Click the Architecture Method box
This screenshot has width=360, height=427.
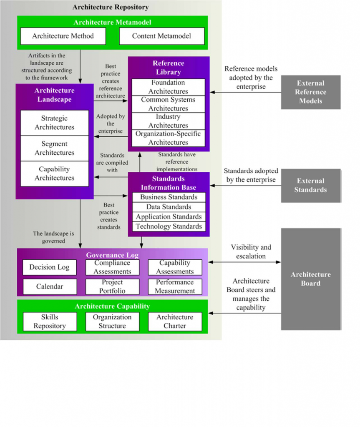point(63,36)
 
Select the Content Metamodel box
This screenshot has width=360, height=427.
point(162,36)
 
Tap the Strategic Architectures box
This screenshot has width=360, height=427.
point(55,123)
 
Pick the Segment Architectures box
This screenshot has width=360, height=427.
point(55,148)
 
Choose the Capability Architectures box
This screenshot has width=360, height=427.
point(55,173)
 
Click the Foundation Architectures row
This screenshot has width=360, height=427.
point(169,87)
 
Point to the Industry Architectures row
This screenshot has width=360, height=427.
point(169,121)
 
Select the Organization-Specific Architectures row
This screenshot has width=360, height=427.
point(169,138)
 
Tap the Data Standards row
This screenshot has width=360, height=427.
point(169,207)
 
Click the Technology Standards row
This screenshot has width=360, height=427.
point(169,226)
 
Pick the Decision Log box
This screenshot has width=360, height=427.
point(50,267)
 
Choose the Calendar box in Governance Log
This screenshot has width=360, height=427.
point(50,286)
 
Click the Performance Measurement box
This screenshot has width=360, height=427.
point(175,286)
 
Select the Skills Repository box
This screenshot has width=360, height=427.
point(50,322)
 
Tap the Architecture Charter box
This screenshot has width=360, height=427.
point(175,322)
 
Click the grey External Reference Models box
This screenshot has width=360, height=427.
point(310,92)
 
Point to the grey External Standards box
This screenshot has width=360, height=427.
point(310,186)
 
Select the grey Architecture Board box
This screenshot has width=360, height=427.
point(310,279)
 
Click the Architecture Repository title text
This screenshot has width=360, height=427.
point(111,8)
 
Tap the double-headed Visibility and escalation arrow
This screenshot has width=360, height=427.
point(244,262)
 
